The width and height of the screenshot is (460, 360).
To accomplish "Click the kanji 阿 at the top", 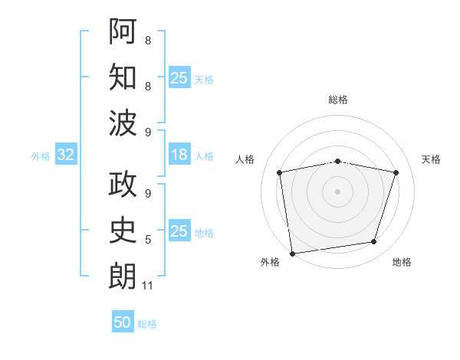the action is tap(123, 31).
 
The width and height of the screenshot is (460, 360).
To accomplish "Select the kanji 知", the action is tap(123, 77).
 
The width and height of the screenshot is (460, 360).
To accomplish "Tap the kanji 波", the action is tap(123, 123).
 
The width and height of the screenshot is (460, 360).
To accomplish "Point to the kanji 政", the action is tap(123, 184).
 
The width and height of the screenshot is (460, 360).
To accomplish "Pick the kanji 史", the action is tap(123, 230).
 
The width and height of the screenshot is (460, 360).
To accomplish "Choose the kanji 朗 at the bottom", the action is tap(123, 276).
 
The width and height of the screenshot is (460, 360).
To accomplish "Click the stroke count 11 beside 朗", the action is tap(147, 286).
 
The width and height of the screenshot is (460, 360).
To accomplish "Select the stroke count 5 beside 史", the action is tap(148, 240).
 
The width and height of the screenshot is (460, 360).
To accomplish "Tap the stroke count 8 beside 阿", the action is tap(148, 40).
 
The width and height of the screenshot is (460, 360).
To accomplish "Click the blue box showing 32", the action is tap(66, 154).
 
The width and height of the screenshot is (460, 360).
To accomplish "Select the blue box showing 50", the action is tap(123, 321).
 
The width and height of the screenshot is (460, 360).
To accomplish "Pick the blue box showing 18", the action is tap(179, 154).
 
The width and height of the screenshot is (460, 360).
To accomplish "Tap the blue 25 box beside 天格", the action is tap(179, 77).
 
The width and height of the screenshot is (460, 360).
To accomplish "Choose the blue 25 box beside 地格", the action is tap(179, 230).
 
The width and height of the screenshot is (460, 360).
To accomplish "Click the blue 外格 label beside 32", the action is tap(41, 156).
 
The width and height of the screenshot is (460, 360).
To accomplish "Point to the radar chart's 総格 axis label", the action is tap(338, 100).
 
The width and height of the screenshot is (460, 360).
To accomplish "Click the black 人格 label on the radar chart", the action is tap(245, 159).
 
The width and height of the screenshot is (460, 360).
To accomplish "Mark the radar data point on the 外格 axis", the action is tap(292, 254).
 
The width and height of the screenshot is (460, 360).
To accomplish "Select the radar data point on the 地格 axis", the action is tap(374, 241).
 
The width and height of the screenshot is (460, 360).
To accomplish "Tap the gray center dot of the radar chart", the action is tap(337, 191).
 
